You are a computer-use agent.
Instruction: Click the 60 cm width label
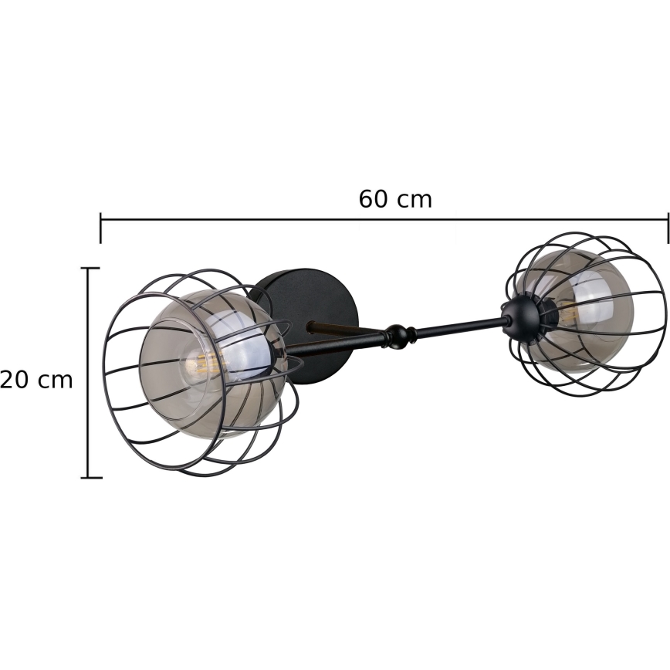coord(395,200)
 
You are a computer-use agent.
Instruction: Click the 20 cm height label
coord(36,380)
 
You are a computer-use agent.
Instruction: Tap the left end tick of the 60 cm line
coord(101,228)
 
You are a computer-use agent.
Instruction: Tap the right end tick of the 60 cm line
coord(668,228)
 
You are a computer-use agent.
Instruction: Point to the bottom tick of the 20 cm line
coord(91,477)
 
